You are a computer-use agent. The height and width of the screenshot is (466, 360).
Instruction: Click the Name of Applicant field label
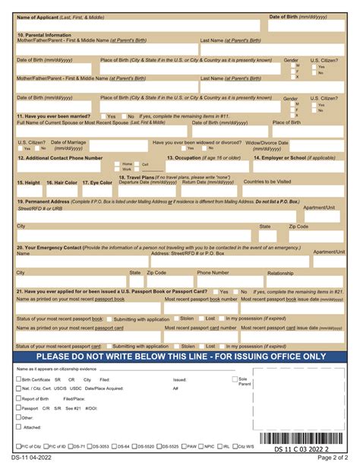[x=61, y=17]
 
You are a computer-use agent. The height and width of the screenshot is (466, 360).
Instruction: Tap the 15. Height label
[x=28, y=182]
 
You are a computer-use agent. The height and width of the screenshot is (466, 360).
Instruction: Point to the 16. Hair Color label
[x=62, y=182]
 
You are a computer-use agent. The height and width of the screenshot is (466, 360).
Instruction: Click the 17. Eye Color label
[x=96, y=182]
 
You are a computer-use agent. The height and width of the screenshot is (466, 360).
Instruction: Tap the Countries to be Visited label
[x=267, y=182]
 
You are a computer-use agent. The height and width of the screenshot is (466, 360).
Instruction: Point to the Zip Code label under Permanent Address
[x=298, y=227]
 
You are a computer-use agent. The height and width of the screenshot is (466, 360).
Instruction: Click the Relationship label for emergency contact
[x=280, y=273]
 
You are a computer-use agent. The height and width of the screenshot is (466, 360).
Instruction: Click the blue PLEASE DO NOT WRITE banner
[x=180, y=356]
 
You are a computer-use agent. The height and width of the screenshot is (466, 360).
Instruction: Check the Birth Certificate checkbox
[x=18, y=379]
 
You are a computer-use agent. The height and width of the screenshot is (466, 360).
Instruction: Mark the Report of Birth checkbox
[x=18, y=398]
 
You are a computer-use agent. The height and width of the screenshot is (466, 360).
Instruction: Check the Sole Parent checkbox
[x=234, y=379]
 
